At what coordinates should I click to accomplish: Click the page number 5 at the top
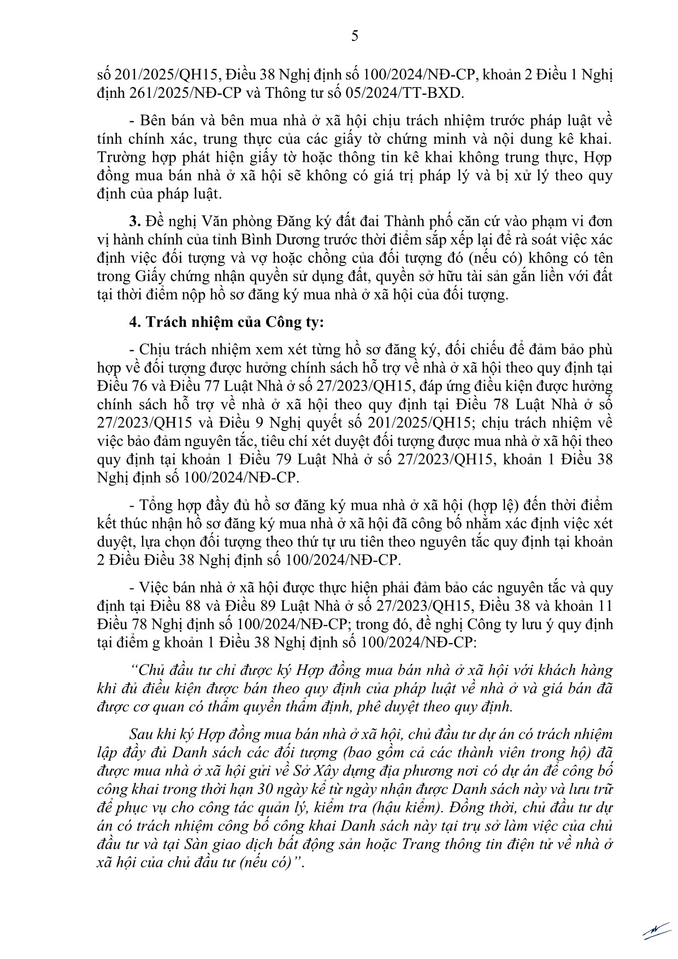pyautogui.click(x=355, y=36)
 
